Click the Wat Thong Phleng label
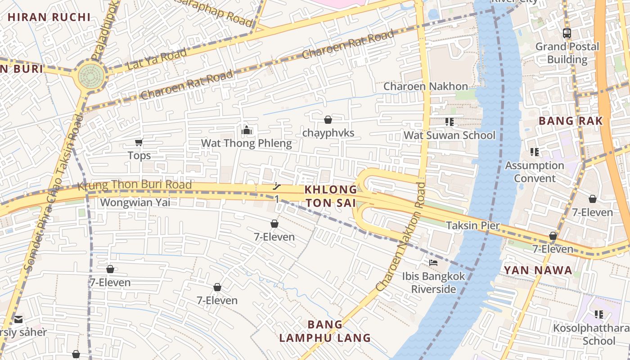(x=246, y=144)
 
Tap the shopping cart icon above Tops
(x=139, y=143)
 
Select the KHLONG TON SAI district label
(x=331, y=197)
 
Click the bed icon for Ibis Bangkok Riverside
(x=433, y=262)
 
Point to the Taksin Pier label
(x=472, y=225)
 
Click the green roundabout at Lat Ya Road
(x=91, y=76)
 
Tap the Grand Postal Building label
(x=567, y=53)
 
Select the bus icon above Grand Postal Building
(x=567, y=33)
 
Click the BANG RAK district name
(x=571, y=121)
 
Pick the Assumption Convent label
(x=535, y=172)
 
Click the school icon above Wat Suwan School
(x=449, y=121)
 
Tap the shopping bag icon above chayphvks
(x=328, y=120)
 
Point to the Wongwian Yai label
(x=135, y=202)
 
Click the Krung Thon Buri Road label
(x=135, y=185)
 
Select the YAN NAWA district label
(x=538, y=270)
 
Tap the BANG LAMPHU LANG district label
(x=325, y=331)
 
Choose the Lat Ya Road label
(x=157, y=59)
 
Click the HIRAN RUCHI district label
(x=49, y=18)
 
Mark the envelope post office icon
(x=18, y=319)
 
